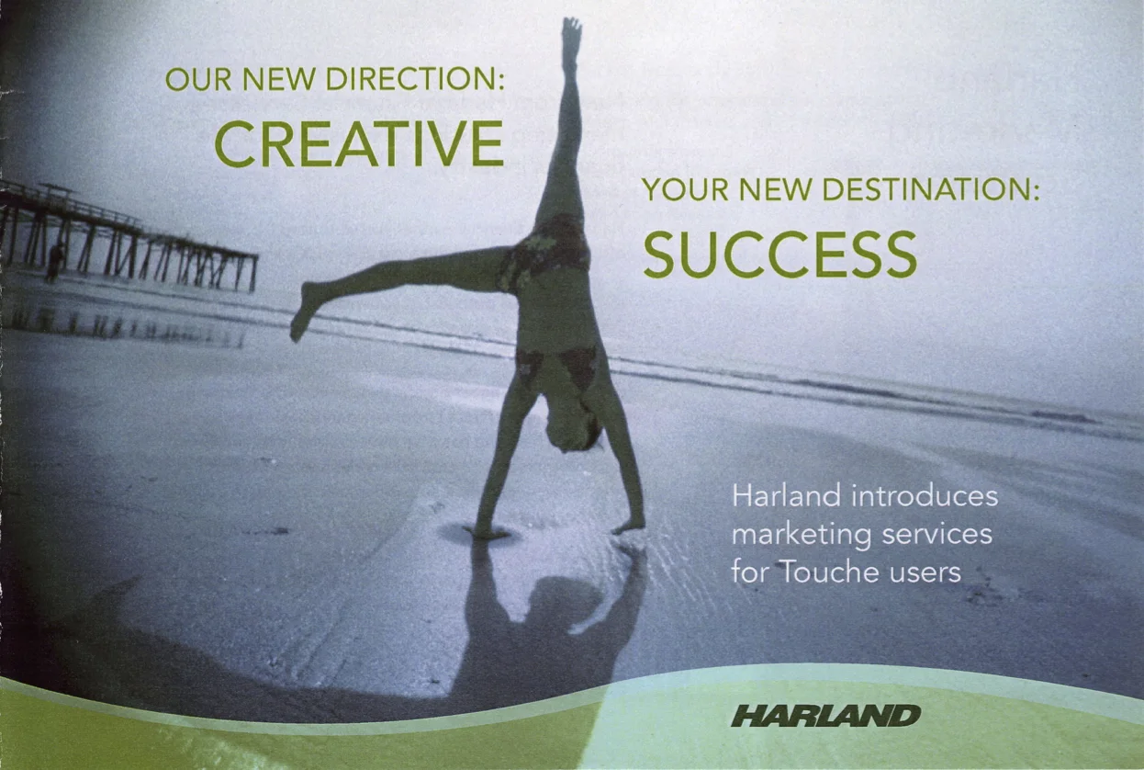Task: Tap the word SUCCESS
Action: (x=779, y=255)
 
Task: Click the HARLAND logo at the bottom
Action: (x=825, y=716)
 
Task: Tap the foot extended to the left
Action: (x=303, y=311)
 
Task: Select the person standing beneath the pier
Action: (x=54, y=262)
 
